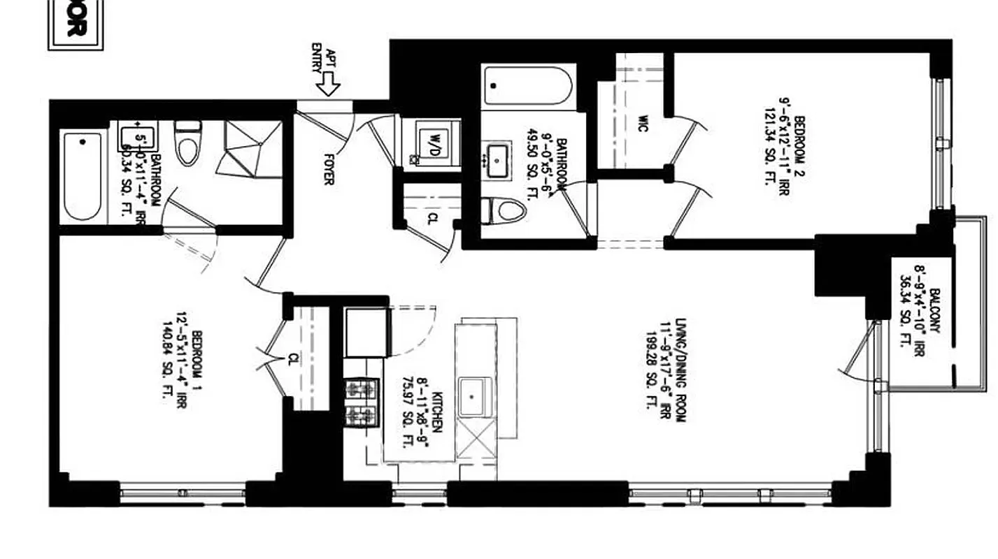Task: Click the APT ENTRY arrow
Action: pos(327,85)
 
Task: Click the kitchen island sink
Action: pos(475,396)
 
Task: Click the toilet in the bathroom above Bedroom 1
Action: pos(187,143)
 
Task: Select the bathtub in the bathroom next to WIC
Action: pos(528,86)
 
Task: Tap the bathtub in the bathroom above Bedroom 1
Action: pos(83,175)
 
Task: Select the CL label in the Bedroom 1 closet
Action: pos(293,359)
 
